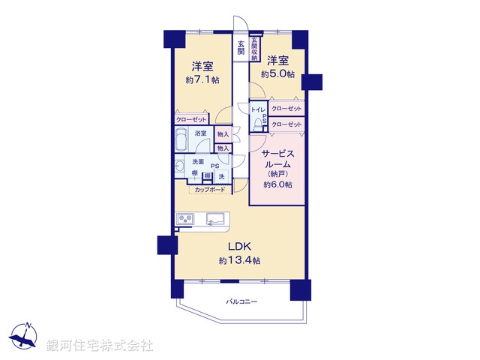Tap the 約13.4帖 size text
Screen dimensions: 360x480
240,261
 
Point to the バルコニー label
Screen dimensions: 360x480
241,301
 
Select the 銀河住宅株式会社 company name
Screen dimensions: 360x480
100,346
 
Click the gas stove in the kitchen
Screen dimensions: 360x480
186,218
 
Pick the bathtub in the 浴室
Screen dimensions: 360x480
183,139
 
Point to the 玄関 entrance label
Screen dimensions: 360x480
241,47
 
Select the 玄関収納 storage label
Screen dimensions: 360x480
255,48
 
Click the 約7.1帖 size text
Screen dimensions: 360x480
204,79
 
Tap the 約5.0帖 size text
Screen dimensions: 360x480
277,74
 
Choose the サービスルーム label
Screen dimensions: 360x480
277,159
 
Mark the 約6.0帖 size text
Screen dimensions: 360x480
277,184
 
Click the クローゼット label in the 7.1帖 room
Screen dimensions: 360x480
191,119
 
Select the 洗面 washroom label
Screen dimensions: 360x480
198,161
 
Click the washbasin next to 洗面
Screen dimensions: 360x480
179,166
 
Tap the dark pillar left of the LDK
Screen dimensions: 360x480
165,244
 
